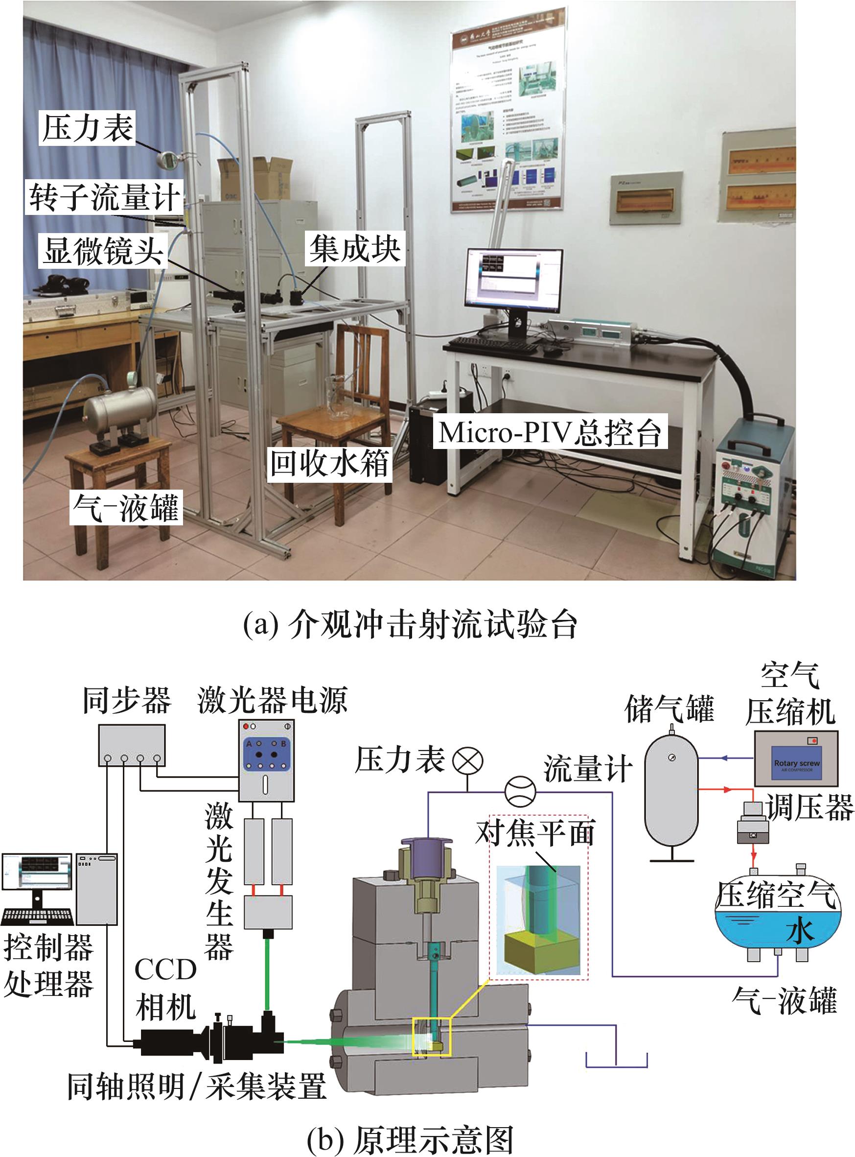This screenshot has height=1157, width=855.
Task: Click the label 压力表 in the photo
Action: point(88,128)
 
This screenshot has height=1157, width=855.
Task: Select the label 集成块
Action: point(354,249)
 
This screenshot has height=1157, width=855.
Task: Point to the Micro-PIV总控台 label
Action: point(550,432)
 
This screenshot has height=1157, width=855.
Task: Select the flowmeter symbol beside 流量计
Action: point(520,792)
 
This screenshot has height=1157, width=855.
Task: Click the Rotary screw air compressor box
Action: point(795,759)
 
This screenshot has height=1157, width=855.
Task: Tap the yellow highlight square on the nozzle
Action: point(431,1037)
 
